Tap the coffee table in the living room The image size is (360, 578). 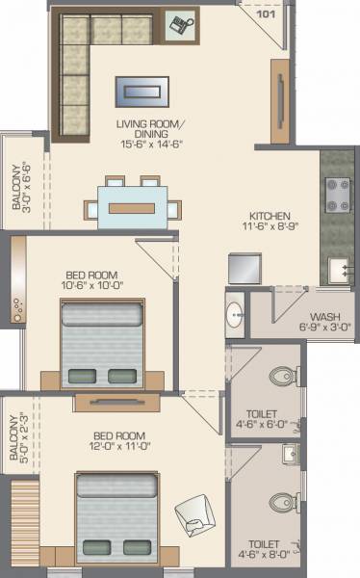coord(141,92)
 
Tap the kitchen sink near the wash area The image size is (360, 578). coord(339,269)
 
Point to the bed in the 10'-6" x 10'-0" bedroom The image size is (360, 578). coord(100,343)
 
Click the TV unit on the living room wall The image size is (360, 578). coord(279,101)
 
